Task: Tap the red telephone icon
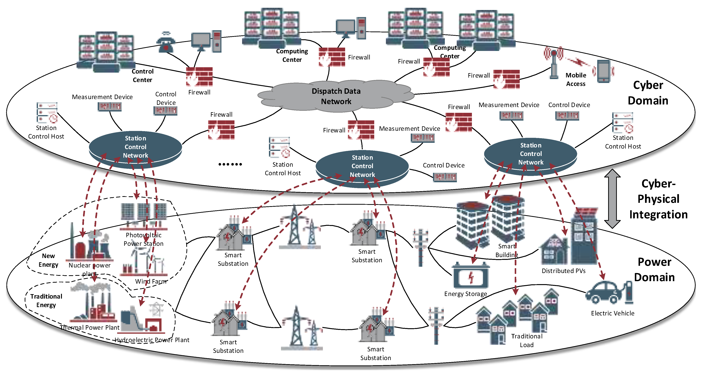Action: [x=166, y=43]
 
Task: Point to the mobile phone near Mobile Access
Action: [x=604, y=71]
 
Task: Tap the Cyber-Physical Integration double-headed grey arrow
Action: [x=612, y=199]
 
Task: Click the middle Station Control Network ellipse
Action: [x=362, y=166]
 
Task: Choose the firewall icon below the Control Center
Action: [x=199, y=77]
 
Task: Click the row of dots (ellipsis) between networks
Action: [x=230, y=164]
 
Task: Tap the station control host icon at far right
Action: [x=622, y=123]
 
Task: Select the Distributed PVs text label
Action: [x=563, y=271]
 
